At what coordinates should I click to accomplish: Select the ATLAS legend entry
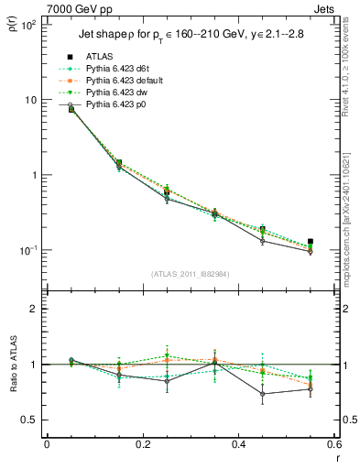tap(98, 57)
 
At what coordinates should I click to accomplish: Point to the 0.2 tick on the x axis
tap(142, 444)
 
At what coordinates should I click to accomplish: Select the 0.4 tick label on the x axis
tap(238, 444)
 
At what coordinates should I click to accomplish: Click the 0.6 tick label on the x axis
tap(333, 444)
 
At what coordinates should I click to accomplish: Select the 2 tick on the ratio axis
tap(33, 309)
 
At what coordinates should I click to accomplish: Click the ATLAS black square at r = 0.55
tap(311, 242)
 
